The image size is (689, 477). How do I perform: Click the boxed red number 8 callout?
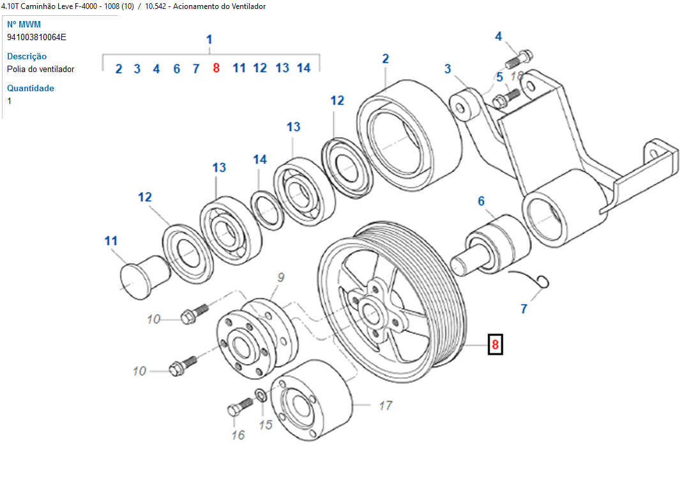(x=496, y=345)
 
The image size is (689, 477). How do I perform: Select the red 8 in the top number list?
(x=216, y=68)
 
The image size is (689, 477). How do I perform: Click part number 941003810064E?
(x=36, y=37)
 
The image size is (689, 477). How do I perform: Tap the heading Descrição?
(x=27, y=56)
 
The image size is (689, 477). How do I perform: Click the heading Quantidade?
(x=31, y=88)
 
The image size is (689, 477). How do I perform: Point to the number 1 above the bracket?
(x=209, y=40)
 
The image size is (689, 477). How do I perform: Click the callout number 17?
(x=385, y=405)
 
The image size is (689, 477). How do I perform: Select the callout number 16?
(x=238, y=435)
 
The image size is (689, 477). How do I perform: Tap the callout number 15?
(x=265, y=424)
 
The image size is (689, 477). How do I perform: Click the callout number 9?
(x=280, y=277)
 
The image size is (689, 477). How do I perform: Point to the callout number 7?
(x=524, y=309)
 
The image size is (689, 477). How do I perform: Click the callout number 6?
(x=481, y=202)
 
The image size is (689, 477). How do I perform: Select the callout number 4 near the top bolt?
(x=499, y=36)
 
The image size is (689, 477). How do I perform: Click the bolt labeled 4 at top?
(x=518, y=59)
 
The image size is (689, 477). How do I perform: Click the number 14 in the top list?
(x=303, y=68)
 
